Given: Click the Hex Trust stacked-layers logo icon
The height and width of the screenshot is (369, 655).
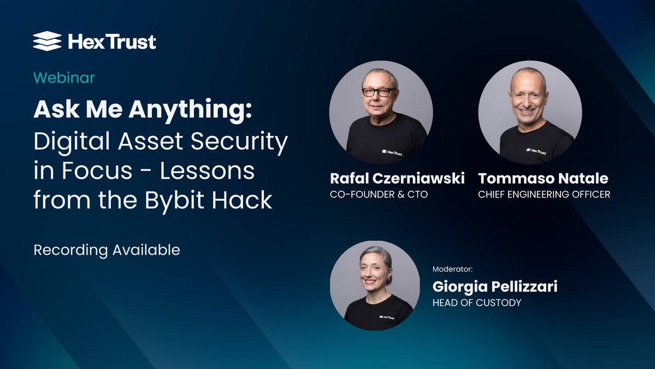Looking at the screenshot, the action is (x=47, y=41).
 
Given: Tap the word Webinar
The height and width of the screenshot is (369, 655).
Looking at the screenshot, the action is (x=64, y=78).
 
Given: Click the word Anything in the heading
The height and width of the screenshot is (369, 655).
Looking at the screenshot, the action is (x=191, y=109).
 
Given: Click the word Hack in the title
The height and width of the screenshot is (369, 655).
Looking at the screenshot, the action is (x=243, y=200).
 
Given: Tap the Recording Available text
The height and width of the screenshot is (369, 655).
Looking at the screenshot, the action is (x=107, y=250).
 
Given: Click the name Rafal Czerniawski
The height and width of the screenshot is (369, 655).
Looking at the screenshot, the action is (x=397, y=178).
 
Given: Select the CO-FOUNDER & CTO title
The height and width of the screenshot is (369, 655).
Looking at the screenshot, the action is (x=379, y=194).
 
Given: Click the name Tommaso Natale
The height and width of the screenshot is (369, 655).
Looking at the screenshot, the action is (x=543, y=178).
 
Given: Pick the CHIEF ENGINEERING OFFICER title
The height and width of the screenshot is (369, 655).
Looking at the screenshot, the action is (x=544, y=194).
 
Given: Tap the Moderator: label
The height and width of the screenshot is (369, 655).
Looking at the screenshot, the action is (x=452, y=269).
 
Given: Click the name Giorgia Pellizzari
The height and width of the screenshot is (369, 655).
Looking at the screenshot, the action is (x=495, y=286).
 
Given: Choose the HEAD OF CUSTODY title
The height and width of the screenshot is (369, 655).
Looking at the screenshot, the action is (x=476, y=302).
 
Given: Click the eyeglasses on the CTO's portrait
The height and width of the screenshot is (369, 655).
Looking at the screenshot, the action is (x=379, y=92).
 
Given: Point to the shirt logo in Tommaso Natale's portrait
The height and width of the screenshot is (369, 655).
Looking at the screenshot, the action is (x=536, y=151).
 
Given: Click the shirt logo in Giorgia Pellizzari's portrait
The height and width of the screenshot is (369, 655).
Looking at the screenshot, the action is (x=386, y=317).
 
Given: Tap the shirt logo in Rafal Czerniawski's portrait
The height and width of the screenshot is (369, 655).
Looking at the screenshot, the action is (x=392, y=153).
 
